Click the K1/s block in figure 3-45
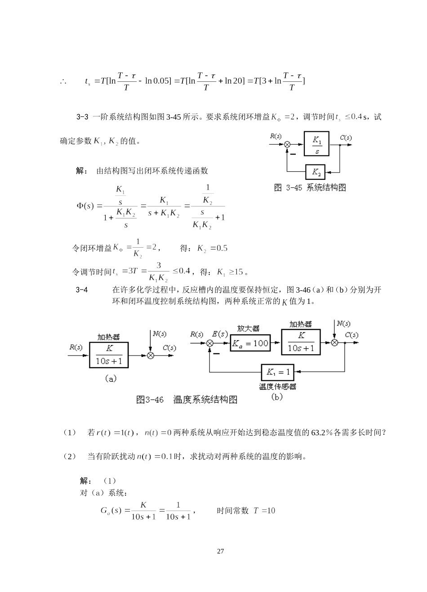click(x=317, y=144)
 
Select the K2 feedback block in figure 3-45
click(x=316, y=172)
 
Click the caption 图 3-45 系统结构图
click(x=310, y=188)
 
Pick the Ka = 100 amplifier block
click(x=250, y=343)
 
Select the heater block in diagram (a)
click(x=109, y=355)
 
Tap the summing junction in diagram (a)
click(x=151, y=355)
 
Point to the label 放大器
click(x=249, y=329)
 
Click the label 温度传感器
click(x=278, y=387)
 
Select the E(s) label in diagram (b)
click(x=220, y=334)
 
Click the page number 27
click(x=220, y=551)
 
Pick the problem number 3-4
click(x=82, y=290)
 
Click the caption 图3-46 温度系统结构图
click(x=187, y=400)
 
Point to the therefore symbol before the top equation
click(x=63, y=81)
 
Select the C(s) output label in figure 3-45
click(x=346, y=138)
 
